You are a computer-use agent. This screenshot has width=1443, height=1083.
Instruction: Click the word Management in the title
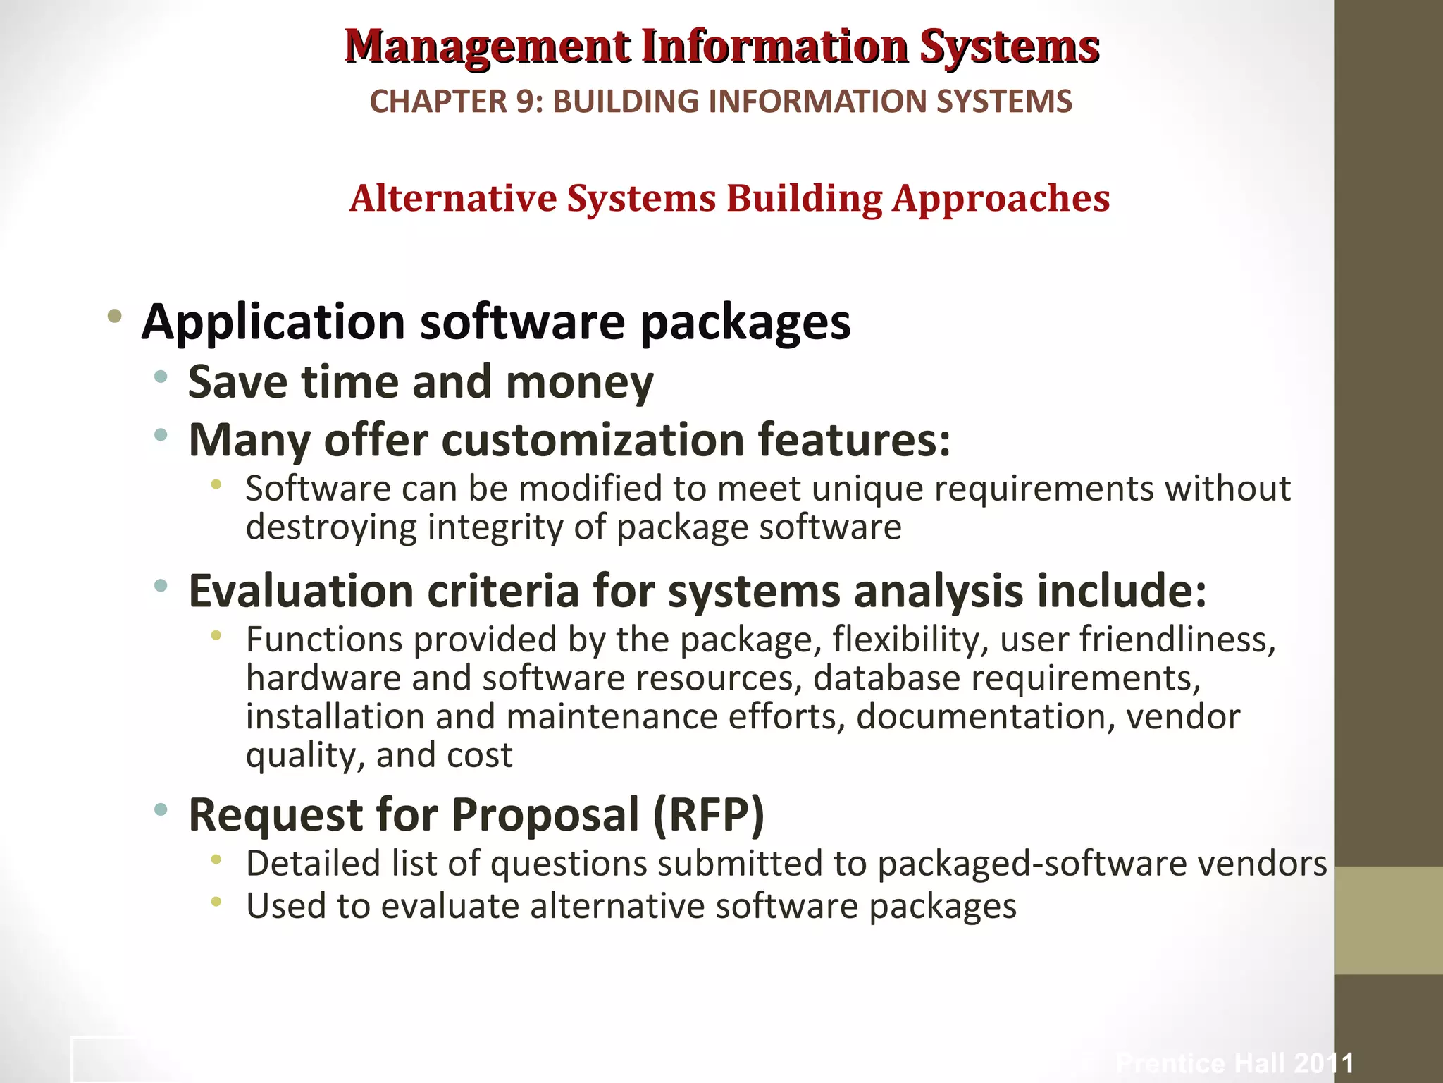click(x=488, y=47)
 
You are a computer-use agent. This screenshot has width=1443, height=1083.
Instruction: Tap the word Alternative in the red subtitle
click(x=453, y=198)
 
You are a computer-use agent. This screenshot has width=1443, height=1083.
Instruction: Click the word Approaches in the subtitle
click(x=1001, y=200)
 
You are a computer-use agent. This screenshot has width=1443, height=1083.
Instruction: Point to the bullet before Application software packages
click(x=114, y=316)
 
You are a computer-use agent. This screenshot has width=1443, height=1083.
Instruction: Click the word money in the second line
click(x=579, y=383)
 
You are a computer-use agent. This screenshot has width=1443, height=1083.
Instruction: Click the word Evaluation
click(x=301, y=591)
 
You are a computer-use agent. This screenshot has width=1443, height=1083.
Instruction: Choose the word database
click(x=886, y=678)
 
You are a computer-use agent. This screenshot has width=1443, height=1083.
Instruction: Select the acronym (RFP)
click(x=708, y=814)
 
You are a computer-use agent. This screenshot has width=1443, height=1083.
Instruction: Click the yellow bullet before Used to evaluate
click(x=216, y=901)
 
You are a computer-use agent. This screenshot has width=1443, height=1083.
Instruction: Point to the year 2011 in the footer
click(x=1324, y=1063)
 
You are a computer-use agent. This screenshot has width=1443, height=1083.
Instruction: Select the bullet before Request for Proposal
click(x=161, y=809)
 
